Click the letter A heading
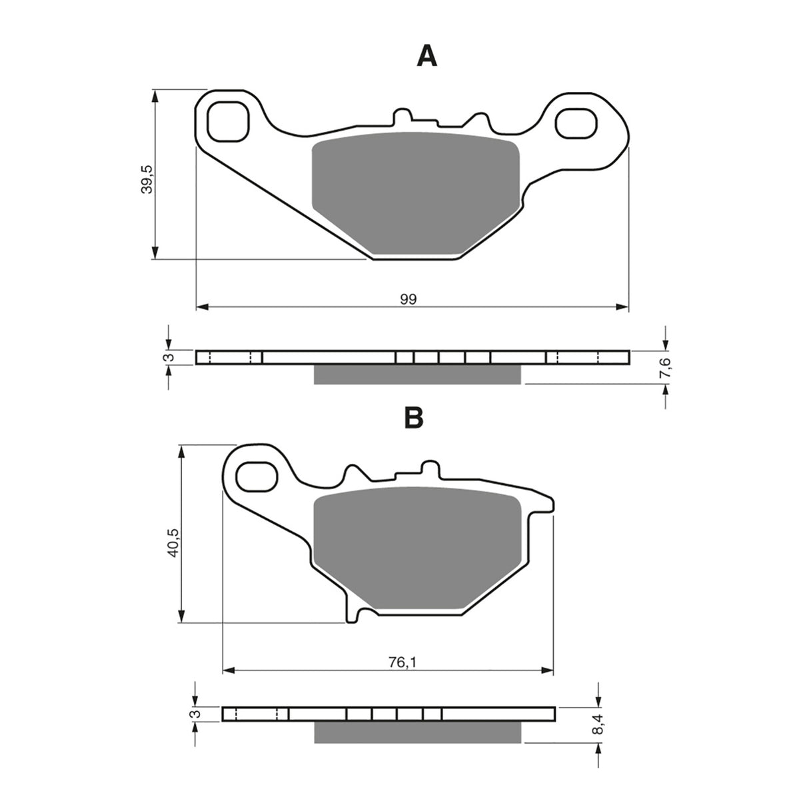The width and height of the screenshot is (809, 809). coord(426,57)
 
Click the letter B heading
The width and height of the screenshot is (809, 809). coord(413,417)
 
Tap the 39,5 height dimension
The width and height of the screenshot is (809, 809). coord(148,179)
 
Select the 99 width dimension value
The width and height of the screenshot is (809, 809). coord(408,299)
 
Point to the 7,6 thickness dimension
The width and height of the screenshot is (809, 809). coord(668,367)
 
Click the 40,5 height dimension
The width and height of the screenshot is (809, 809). coord(173,541)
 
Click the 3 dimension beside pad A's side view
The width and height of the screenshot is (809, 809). coord(170,358)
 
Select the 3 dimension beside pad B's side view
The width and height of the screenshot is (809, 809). coord(195,714)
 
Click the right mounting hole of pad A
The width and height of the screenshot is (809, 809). coord(575,124)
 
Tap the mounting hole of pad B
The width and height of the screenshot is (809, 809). coord(257,477)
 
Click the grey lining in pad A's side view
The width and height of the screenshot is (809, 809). coord(416,375)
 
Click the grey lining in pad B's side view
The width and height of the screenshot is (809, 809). coord(416,732)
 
